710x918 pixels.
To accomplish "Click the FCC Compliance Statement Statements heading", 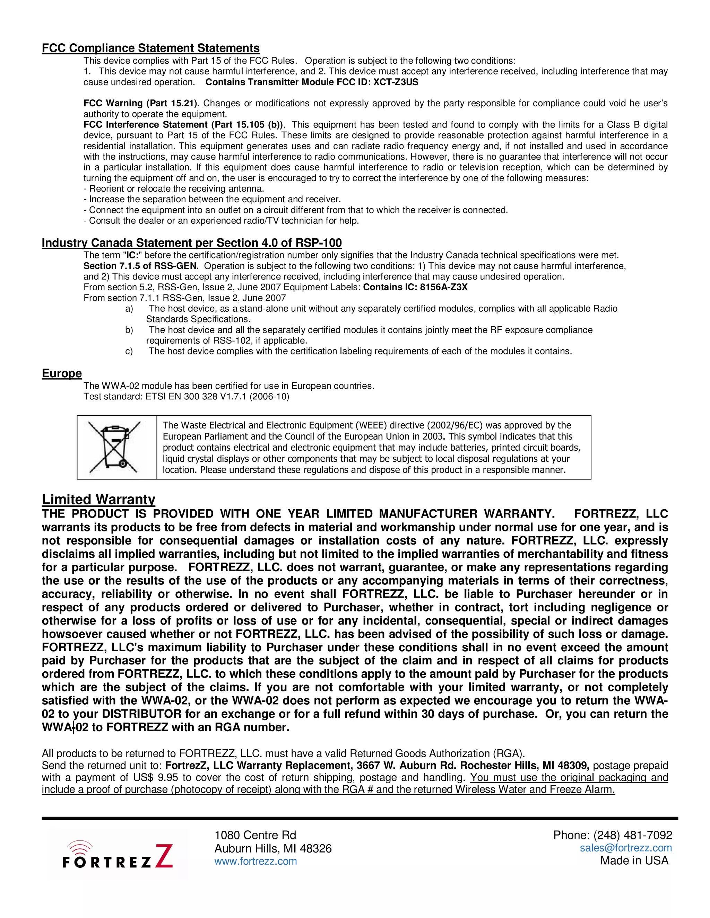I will coord(150,48).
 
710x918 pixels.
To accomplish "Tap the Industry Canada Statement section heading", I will coord(191,243).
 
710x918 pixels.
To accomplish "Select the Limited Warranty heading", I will coord(98,499).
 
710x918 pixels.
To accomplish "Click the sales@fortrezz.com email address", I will coord(625,848).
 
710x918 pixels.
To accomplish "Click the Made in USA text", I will coord(634,861).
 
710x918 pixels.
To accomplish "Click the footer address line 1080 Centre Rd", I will coord(255,835).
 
